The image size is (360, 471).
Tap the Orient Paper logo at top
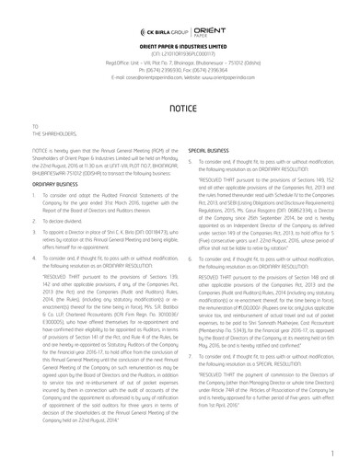coord(210,32)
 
